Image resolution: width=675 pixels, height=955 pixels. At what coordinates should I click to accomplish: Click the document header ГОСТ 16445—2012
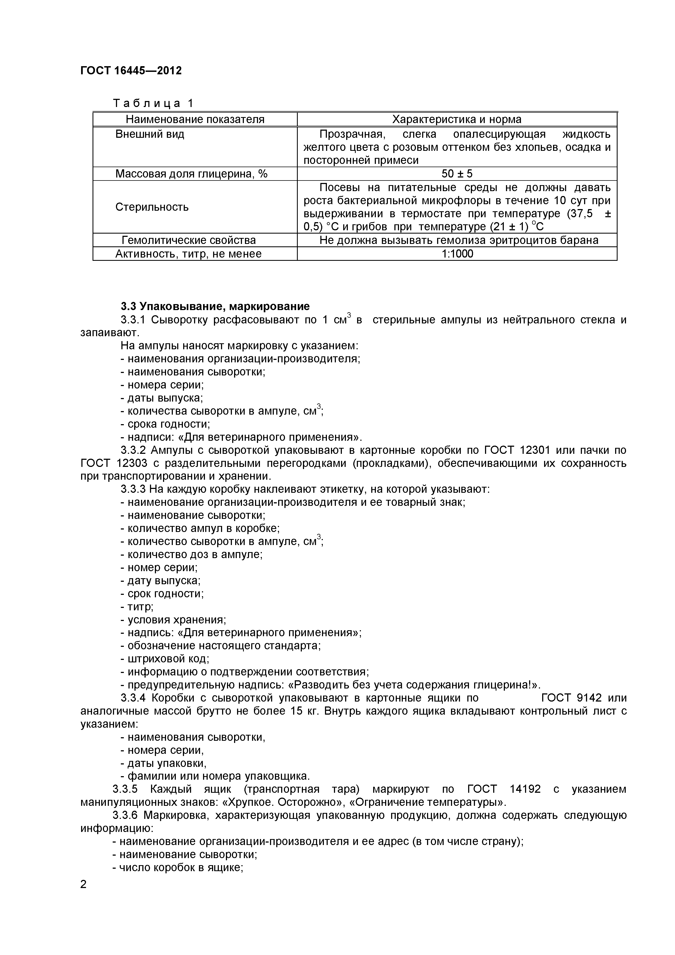click(x=131, y=71)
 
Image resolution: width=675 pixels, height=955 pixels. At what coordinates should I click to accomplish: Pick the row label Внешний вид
click(x=150, y=134)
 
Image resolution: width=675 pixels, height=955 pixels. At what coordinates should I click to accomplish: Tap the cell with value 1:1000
click(x=457, y=254)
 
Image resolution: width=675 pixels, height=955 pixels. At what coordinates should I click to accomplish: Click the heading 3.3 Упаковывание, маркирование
click(x=215, y=306)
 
